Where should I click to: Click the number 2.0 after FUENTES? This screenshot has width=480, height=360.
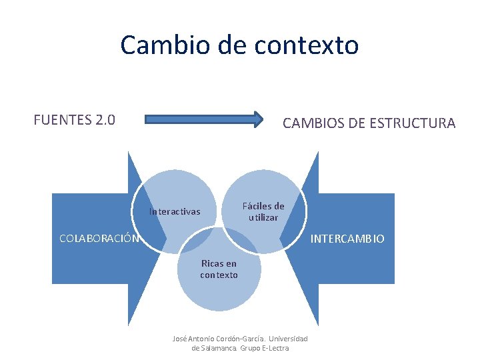tap(105, 120)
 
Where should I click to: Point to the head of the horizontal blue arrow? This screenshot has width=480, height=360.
tap(259, 120)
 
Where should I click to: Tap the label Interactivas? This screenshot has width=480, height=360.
tap(175, 212)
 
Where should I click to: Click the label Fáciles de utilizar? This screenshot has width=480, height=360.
tap(263, 212)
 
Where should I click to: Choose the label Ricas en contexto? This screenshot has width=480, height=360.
tap(219, 269)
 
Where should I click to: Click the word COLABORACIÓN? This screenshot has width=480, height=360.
tap(99, 238)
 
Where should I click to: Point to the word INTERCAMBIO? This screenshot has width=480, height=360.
tap(348, 238)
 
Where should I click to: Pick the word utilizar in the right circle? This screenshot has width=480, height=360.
tap(263, 218)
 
